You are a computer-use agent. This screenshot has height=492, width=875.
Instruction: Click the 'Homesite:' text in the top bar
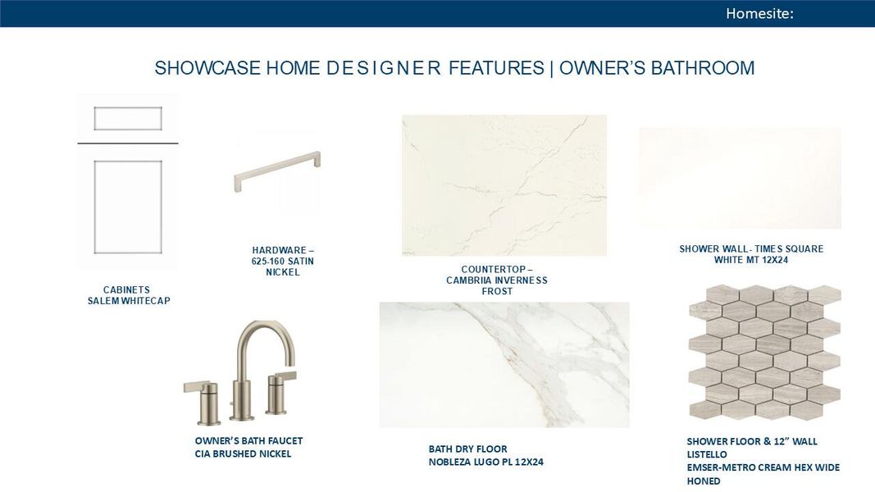[759, 13]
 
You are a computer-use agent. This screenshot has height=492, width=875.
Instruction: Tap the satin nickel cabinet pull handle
[276, 171]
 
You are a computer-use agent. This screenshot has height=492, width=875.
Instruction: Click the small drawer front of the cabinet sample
[128, 119]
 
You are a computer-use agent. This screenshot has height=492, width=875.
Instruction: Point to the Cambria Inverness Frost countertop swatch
[504, 185]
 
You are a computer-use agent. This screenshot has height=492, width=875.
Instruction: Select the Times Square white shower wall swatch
[740, 178]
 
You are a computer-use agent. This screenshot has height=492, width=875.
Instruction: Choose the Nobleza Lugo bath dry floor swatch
[504, 365]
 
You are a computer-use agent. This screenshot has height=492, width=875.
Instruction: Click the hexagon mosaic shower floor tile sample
[764, 353]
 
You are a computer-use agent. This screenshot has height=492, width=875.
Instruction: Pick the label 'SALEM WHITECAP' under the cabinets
[128, 301]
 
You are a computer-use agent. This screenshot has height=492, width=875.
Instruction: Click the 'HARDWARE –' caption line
[283, 250]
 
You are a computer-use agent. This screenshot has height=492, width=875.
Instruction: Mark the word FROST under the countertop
[497, 292]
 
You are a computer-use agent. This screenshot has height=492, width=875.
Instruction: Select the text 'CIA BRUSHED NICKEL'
[243, 454]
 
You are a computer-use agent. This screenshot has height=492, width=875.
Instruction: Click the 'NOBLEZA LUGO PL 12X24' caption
[485, 462]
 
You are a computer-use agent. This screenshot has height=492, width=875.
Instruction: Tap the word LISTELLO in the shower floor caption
[707, 454]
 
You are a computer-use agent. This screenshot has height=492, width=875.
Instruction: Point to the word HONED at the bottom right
[704, 481]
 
